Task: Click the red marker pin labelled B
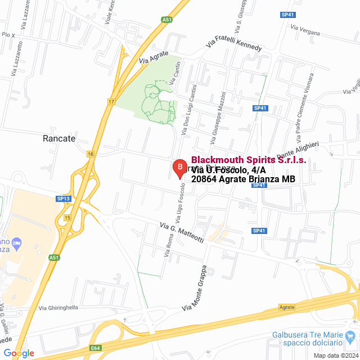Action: click(x=179, y=168)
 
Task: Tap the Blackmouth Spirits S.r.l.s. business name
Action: click(x=249, y=160)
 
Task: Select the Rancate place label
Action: click(x=59, y=138)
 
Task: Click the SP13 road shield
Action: click(x=64, y=199)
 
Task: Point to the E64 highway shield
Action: click(x=95, y=349)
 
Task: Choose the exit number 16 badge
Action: click(x=90, y=153)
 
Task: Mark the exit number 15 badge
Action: click(x=67, y=217)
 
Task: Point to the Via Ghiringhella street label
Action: click(x=58, y=308)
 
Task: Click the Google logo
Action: click(x=19, y=353)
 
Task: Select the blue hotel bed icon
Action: click(x=16, y=243)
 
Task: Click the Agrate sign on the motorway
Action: click(x=286, y=307)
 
